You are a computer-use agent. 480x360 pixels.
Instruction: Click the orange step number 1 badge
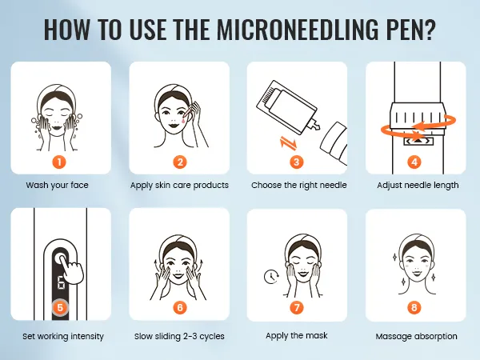(59, 162)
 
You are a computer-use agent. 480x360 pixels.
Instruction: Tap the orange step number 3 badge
(297, 162)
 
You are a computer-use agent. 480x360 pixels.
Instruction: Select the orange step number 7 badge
(297, 307)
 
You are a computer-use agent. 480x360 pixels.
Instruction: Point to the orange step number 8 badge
(414, 307)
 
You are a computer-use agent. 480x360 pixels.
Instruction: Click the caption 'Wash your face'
(58, 186)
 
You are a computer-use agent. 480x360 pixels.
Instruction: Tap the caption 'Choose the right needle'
(298, 186)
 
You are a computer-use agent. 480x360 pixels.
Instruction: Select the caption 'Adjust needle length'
(418, 186)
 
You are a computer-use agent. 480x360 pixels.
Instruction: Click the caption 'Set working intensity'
(63, 336)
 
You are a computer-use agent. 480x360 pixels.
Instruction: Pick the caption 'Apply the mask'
(297, 336)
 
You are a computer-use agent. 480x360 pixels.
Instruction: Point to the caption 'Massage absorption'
(416, 336)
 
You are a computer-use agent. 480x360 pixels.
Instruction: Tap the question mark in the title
(429, 30)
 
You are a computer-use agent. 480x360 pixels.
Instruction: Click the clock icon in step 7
(271, 276)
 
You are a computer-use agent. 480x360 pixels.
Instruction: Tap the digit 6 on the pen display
(61, 283)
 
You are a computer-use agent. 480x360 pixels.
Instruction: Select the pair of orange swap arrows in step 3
(289, 143)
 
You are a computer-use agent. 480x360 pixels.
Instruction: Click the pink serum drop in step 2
(183, 120)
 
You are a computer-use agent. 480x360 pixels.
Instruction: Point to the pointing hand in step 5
(72, 267)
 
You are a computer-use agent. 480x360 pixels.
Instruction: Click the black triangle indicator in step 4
(418, 141)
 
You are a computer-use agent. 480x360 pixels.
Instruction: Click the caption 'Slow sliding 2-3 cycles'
(179, 336)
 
